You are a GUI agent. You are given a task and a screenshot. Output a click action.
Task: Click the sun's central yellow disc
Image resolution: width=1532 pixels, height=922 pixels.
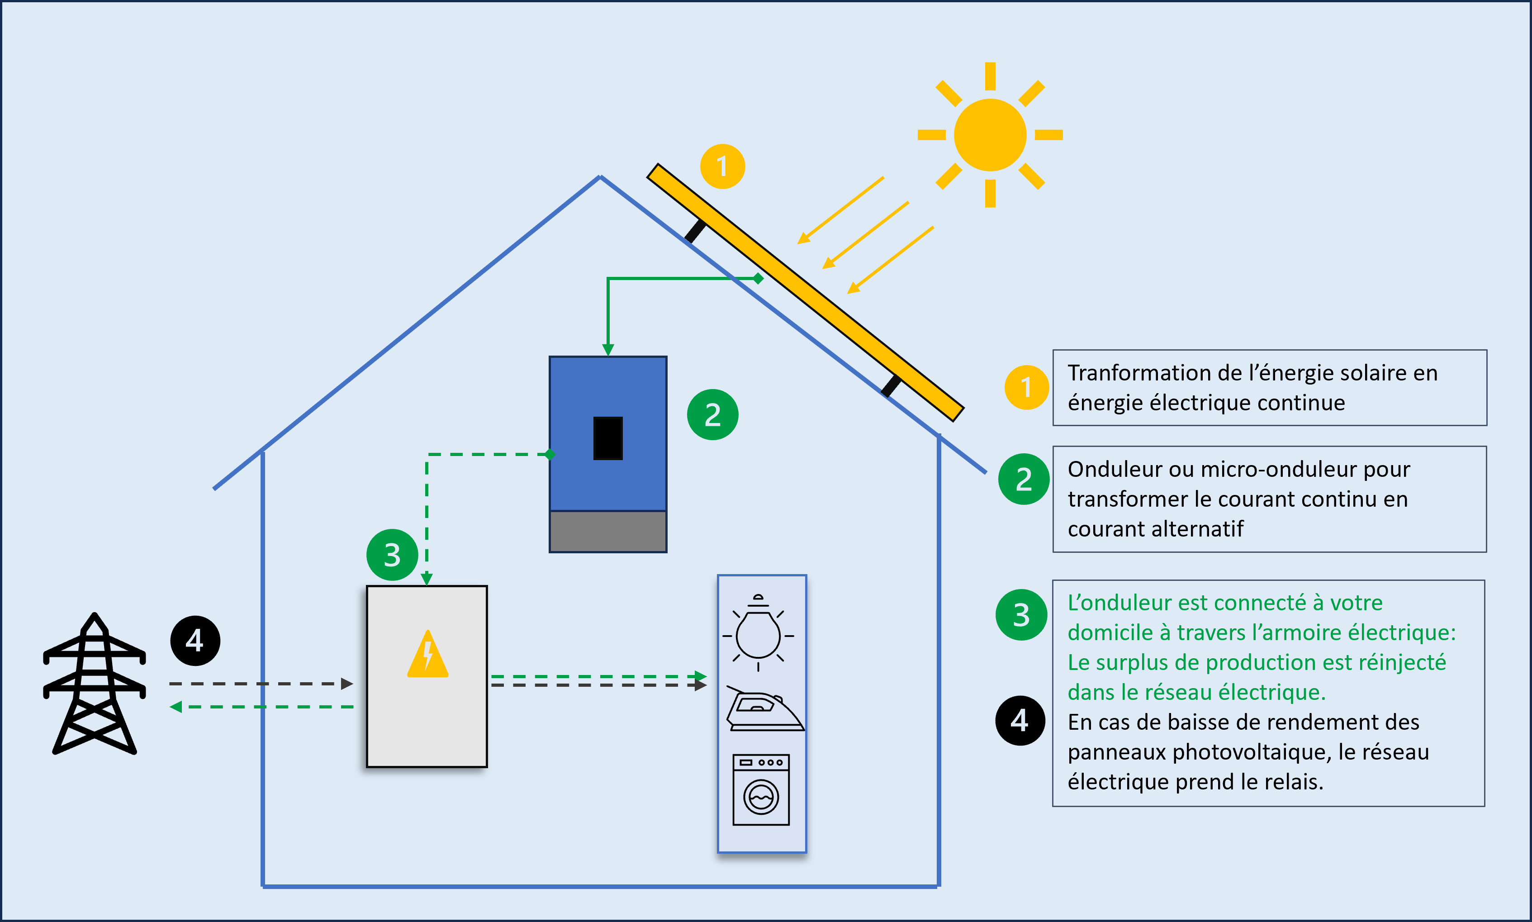pos(990,135)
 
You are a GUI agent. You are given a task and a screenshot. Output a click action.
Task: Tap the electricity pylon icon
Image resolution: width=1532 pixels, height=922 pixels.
pos(95,684)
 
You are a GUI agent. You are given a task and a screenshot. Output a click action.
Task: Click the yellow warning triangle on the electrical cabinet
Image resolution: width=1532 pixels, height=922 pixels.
pos(427,656)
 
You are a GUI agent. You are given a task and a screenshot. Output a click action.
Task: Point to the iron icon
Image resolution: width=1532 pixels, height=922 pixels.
pos(764,710)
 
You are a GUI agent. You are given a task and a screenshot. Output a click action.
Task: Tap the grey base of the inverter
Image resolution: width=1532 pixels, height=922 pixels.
pos(607,531)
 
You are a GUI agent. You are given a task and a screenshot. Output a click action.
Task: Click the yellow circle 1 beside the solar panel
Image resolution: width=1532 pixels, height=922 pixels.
pos(722,166)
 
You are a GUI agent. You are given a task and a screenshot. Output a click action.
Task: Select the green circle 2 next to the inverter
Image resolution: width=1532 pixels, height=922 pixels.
pos(712,415)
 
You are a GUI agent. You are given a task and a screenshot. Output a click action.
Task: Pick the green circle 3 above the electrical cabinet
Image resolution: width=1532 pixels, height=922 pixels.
pos(392,555)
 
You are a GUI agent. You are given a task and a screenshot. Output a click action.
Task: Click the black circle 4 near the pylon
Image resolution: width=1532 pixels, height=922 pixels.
pos(195,641)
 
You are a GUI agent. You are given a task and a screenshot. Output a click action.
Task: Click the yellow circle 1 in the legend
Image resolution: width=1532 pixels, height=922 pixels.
pos(1026,388)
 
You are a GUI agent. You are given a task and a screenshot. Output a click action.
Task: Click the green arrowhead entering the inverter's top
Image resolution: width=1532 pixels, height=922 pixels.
pos(608,350)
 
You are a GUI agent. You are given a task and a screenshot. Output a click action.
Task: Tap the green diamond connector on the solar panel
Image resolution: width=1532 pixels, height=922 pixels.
pos(758,278)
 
